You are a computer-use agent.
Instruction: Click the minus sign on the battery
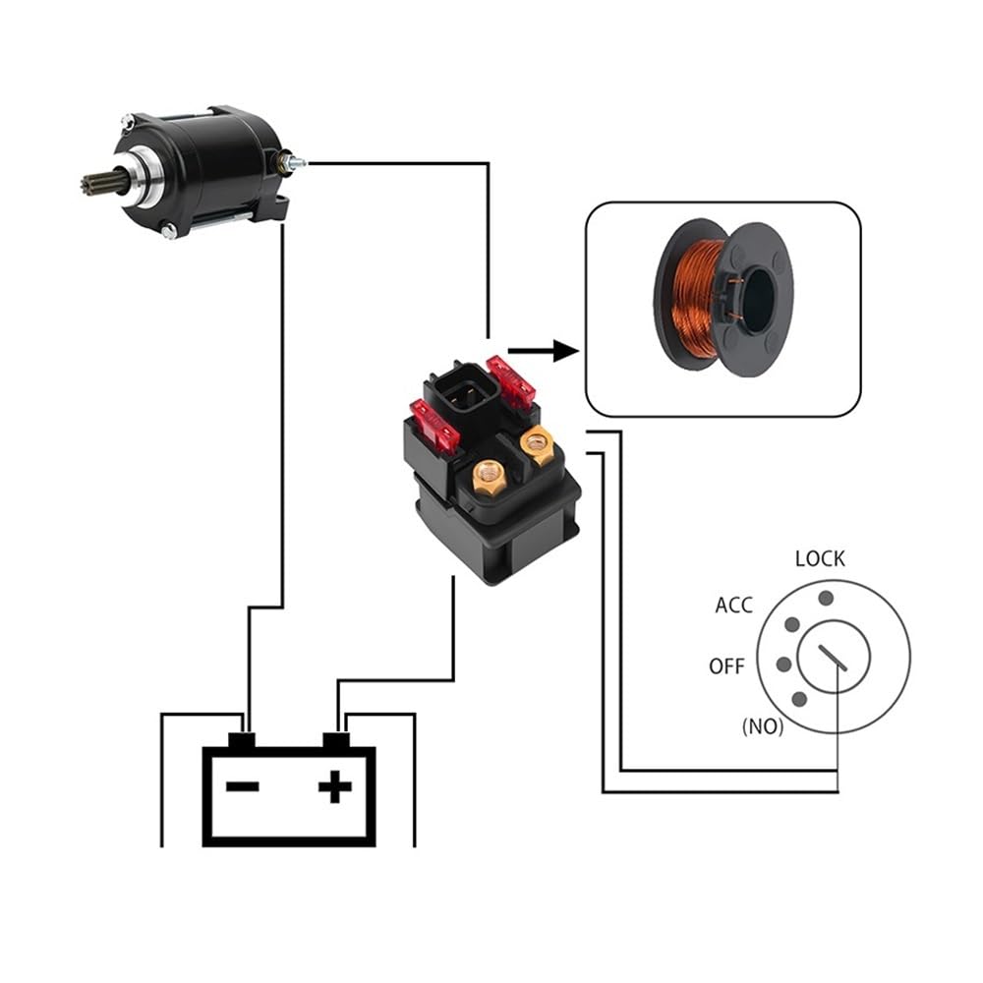tap(242, 786)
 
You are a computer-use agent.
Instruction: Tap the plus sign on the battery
tap(335, 786)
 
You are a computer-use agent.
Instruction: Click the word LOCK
tap(819, 558)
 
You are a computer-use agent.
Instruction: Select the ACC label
tap(733, 606)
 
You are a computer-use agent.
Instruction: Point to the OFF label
tap(726, 666)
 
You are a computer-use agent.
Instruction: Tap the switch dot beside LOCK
tap(826, 597)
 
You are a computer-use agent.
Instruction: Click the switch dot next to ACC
tap(791, 625)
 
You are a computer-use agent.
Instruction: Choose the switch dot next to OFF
tap(782, 665)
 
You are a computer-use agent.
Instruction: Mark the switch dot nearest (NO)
tap(798, 699)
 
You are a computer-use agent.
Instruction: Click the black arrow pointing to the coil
tap(542, 349)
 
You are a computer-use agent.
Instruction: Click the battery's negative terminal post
tap(242, 738)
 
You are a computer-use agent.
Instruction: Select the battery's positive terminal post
tap(336, 738)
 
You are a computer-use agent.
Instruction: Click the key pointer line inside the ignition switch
tap(832, 658)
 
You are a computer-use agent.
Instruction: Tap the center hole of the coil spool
tap(757, 301)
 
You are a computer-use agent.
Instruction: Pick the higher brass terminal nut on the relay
tap(537, 444)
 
